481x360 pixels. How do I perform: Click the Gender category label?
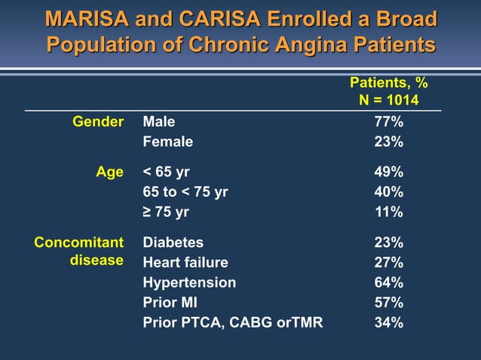pos(97,122)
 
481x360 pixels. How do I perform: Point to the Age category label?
pos(109,172)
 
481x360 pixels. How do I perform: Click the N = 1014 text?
pos(389,100)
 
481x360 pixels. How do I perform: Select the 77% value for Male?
pos(389,122)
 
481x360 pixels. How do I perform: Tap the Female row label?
pos(167,142)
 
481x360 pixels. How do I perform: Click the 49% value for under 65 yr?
pos(389,172)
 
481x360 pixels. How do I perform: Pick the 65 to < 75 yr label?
pos(185,192)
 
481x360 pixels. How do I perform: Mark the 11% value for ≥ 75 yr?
pos(389,212)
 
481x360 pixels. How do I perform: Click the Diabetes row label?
pos(173,243)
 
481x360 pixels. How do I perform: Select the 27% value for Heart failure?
pos(389,263)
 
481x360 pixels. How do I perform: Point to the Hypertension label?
pos(189,282)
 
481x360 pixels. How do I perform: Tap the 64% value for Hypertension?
pos(389,282)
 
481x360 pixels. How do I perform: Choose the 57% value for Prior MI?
pos(389,303)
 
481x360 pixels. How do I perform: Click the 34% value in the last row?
pos(389,322)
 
